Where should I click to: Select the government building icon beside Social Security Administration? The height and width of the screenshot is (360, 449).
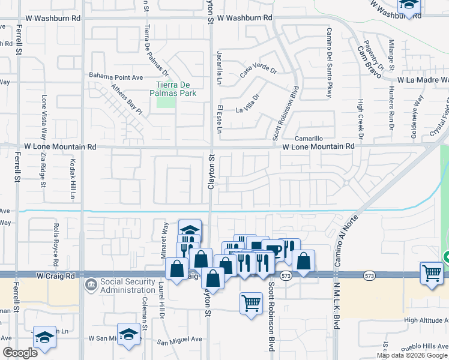(90, 283)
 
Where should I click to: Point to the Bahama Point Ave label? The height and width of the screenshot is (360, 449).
(116, 77)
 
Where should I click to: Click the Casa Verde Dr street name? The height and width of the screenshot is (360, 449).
(258, 71)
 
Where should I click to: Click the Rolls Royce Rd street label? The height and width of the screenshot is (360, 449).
(55, 245)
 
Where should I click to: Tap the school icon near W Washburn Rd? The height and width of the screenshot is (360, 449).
(409, 6)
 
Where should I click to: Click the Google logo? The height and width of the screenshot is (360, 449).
(20, 353)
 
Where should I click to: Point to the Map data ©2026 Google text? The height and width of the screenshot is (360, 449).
(412, 355)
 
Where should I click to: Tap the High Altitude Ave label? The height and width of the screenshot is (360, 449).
(426, 320)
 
